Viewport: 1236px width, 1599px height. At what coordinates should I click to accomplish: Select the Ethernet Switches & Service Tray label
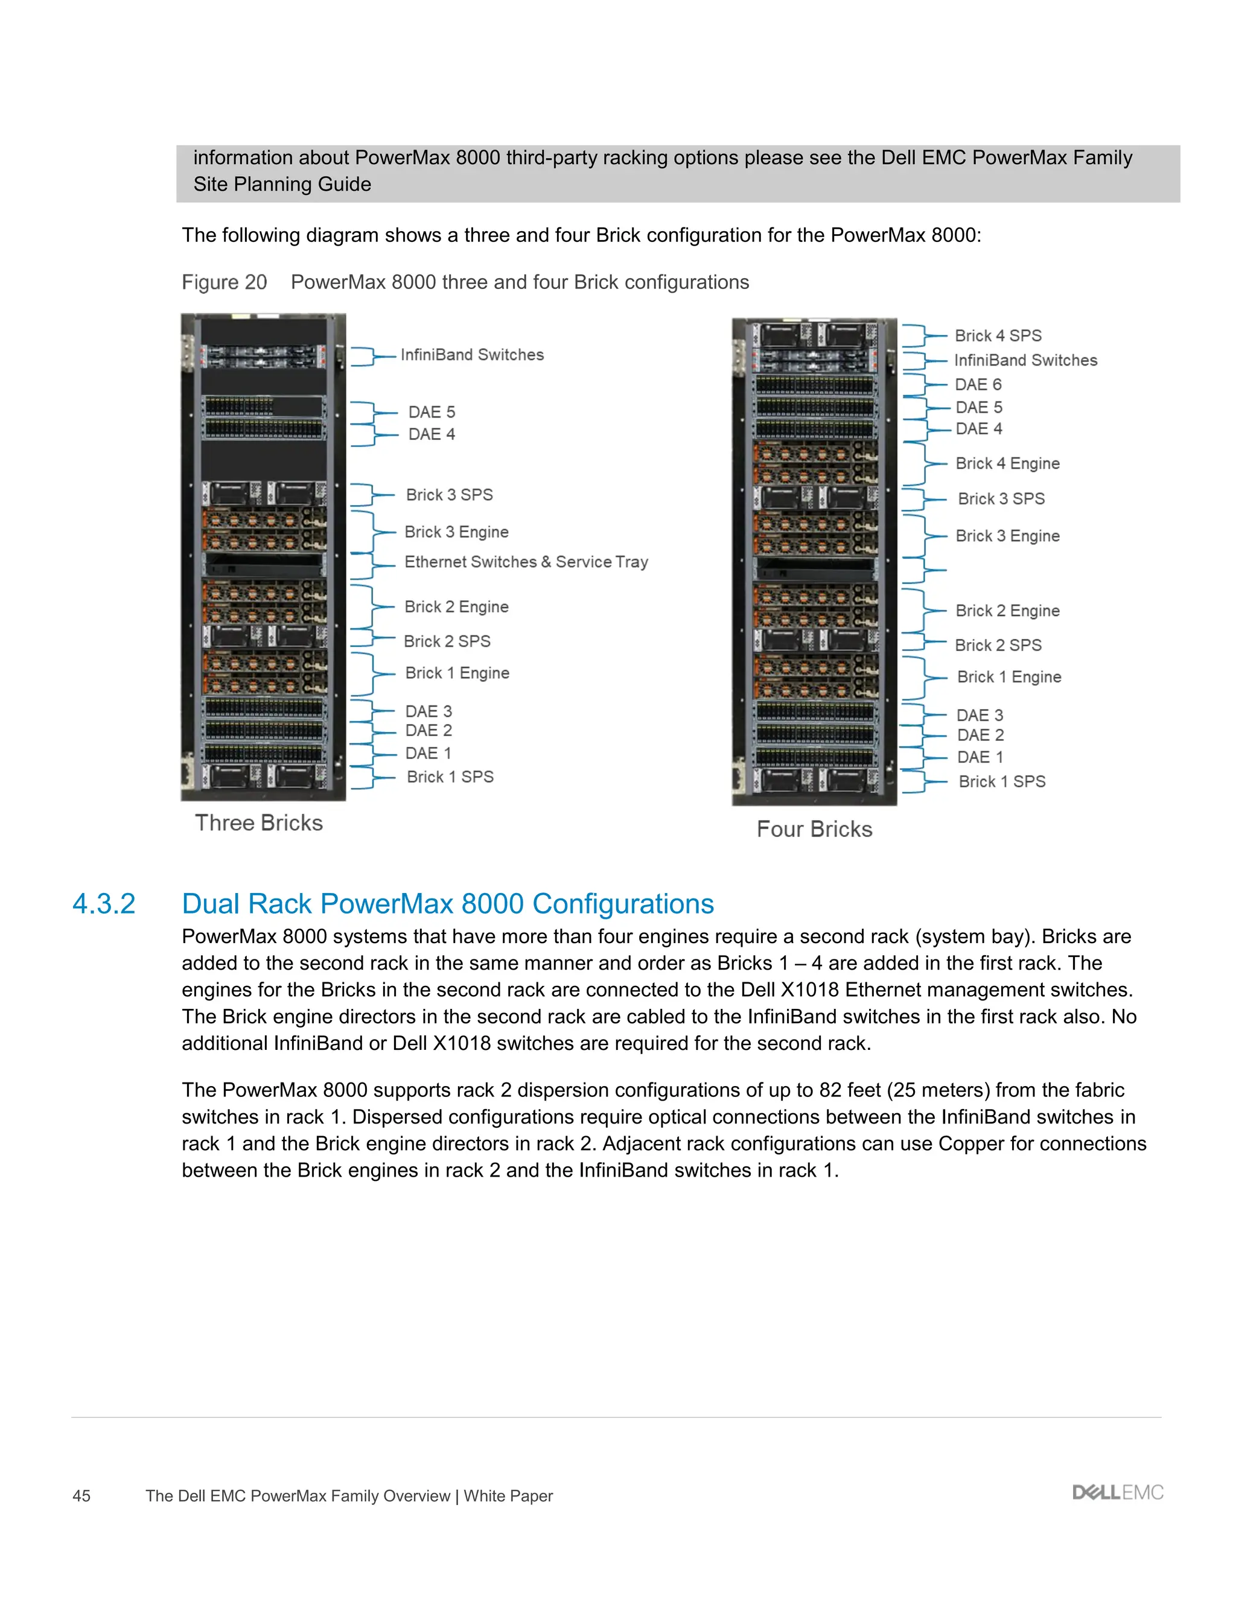(526, 562)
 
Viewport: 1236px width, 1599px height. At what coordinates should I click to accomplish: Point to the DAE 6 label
(978, 385)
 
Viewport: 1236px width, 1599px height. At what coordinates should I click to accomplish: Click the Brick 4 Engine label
(1007, 463)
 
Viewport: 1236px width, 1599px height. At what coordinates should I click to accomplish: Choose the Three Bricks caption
(258, 823)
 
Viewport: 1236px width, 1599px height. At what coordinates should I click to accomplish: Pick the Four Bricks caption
(814, 830)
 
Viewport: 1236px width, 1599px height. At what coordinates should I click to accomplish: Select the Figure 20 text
(224, 282)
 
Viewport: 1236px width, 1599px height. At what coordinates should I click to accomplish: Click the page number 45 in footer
(81, 1496)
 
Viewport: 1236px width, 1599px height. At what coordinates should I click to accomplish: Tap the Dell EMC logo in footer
(1117, 1493)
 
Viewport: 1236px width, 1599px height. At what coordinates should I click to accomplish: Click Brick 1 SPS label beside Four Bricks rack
(1002, 782)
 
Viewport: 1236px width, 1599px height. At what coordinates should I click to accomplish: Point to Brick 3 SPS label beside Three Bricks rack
(449, 495)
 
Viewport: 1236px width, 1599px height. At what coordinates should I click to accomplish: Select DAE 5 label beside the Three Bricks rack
(432, 412)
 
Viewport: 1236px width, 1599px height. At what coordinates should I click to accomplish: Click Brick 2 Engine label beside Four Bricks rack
(1007, 611)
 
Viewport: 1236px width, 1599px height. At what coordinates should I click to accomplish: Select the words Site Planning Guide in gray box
(282, 185)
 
